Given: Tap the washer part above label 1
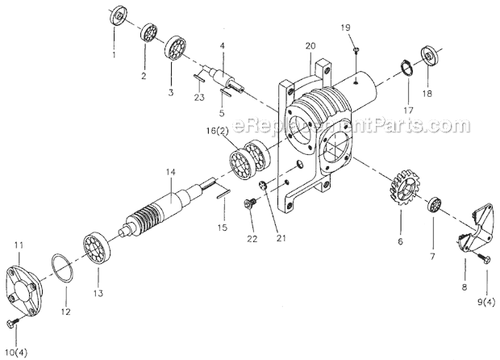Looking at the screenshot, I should [119, 15].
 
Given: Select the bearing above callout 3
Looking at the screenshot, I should [177, 46].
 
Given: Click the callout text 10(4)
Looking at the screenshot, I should [14, 353].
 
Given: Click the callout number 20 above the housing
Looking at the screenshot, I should [310, 47].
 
